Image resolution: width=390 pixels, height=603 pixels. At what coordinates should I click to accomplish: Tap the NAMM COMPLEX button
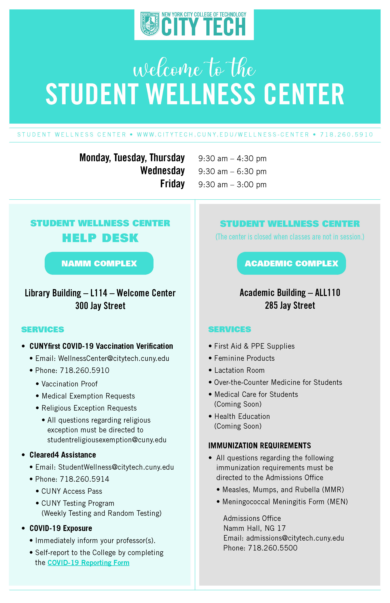tap(99, 263)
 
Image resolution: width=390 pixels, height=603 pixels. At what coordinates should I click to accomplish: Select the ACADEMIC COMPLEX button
tap(291, 263)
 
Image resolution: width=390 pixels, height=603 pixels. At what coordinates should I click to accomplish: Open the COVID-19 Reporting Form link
tap(88, 562)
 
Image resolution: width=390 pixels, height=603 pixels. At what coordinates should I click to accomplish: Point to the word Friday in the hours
tap(172, 184)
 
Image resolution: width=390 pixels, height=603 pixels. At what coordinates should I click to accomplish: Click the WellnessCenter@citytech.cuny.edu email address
tap(114, 358)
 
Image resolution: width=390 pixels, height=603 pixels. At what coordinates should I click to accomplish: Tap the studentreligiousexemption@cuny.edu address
tap(107, 440)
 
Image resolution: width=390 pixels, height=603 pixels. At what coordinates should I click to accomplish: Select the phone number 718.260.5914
tap(85, 479)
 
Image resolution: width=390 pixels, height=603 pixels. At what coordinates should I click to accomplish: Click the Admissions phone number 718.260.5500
tap(272, 548)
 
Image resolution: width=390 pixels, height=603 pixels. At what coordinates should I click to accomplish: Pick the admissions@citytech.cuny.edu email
tap(295, 538)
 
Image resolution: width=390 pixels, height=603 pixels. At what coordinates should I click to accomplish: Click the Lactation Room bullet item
tap(239, 370)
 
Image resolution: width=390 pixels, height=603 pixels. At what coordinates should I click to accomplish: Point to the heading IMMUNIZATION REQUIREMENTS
tap(260, 445)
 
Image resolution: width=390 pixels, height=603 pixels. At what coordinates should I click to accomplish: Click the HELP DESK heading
tap(100, 238)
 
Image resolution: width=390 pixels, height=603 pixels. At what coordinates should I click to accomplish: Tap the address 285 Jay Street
tap(290, 305)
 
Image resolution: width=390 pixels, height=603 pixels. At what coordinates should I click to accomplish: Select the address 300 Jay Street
tap(100, 306)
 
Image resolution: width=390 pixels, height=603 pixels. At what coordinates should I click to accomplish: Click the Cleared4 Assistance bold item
tap(63, 455)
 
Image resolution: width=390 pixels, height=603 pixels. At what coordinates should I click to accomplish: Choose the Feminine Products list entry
tap(244, 358)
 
